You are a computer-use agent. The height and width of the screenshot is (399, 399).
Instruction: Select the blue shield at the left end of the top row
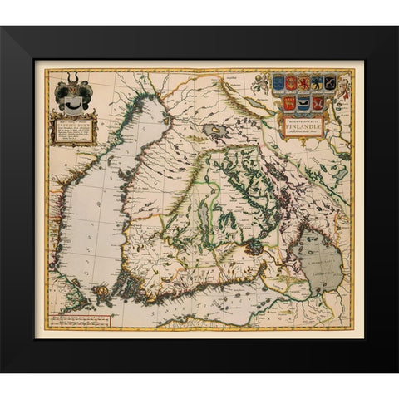(278, 84)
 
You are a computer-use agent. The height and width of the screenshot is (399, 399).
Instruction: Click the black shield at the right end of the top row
(330, 83)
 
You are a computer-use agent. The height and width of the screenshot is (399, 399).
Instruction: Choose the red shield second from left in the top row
(291, 84)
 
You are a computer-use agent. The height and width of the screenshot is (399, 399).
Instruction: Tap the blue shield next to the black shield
(318, 84)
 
